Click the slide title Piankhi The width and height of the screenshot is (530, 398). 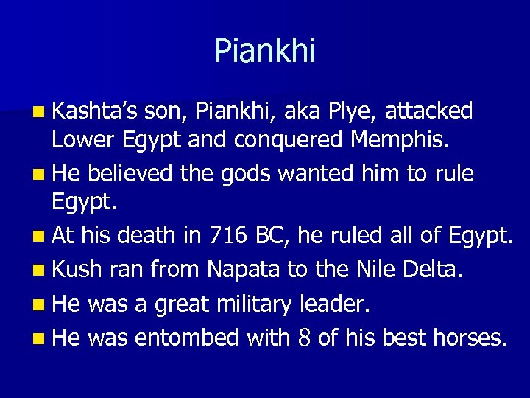(x=264, y=52)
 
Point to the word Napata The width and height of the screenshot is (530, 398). (x=243, y=270)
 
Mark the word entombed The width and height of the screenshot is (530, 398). (x=186, y=337)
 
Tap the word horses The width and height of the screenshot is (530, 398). (x=470, y=337)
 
